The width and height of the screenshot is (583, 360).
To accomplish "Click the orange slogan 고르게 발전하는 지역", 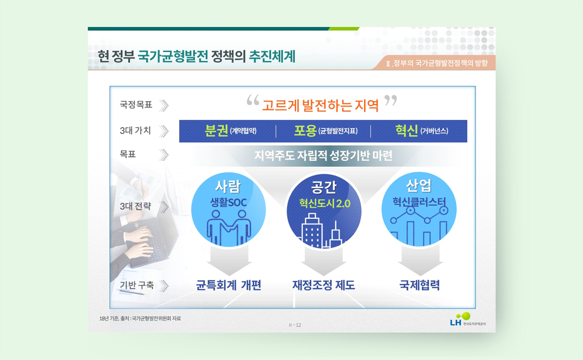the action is click(x=320, y=105).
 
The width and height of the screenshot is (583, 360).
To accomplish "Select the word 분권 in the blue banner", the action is click(x=216, y=131).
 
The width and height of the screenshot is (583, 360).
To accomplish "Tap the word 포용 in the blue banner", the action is click(x=305, y=131).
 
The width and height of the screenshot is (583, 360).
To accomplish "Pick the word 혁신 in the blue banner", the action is click(x=406, y=131).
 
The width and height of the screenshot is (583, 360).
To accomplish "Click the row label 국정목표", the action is click(x=136, y=105).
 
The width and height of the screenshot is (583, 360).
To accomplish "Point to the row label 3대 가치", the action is click(x=135, y=130).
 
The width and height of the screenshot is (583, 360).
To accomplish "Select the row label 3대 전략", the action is click(x=135, y=206).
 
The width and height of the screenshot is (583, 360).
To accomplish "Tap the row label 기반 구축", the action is click(x=136, y=285).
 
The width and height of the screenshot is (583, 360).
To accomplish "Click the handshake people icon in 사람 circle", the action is click(x=229, y=227).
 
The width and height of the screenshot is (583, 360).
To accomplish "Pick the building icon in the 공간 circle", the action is click(x=321, y=231).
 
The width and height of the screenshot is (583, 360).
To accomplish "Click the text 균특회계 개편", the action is click(x=229, y=285).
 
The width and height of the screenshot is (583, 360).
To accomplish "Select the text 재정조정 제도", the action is click(x=323, y=285).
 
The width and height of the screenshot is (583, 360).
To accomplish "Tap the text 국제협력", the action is click(x=420, y=285).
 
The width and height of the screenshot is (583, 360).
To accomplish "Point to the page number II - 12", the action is click(x=295, y=325).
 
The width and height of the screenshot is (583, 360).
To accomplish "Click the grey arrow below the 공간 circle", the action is click(x=323, y=261).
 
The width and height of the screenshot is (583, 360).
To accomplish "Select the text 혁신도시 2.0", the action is click(x=324, y=203).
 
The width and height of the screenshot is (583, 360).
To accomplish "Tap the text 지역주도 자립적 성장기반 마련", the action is click(x=323, y=155).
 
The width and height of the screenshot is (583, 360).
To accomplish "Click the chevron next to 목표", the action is click(x=163, y=154).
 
